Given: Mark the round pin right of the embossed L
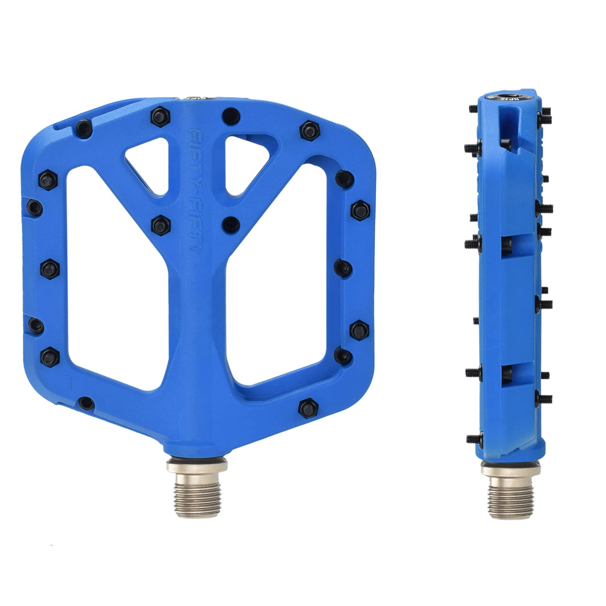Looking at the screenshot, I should (87, 402).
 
